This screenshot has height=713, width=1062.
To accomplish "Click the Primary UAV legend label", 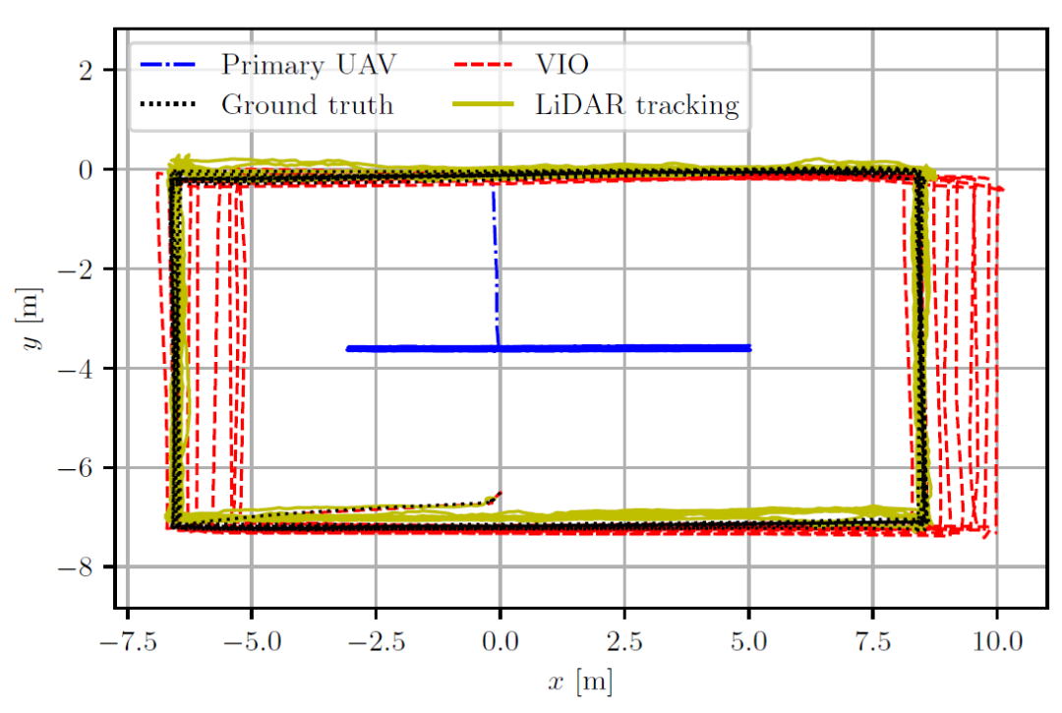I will [x=309, y=64].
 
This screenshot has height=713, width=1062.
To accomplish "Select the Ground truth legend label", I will [x=307, y=104].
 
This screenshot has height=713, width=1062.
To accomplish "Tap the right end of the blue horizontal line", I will [x=749, y=348].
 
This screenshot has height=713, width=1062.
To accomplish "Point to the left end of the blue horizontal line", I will [x=347, y=348].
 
